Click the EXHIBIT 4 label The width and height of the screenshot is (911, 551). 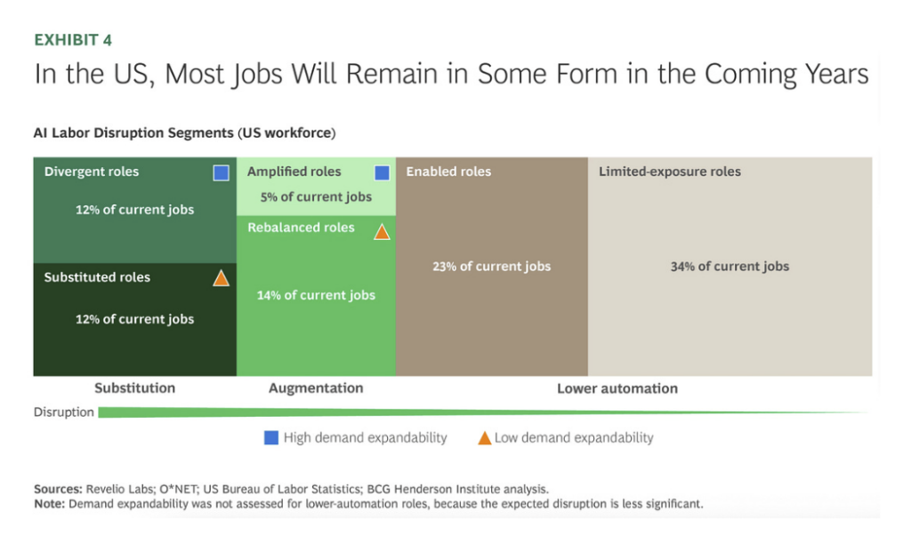point(73,40)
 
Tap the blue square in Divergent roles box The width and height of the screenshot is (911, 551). point(222,172)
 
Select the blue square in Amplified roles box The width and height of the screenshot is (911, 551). point(382,172)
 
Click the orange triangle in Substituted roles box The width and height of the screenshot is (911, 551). point(222,278)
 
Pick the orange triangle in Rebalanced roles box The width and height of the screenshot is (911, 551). point(382,232)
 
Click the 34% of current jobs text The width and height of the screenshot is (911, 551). point(730,266)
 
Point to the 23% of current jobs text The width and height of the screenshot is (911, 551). point(491,266)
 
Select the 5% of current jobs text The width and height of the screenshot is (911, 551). point(316,196)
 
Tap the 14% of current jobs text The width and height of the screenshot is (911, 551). point(316,295)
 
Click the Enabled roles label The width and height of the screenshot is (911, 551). point(448,172)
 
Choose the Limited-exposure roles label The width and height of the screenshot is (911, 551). point(669,172)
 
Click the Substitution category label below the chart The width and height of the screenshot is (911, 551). point(134,387)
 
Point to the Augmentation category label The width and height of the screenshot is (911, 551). point(316,387)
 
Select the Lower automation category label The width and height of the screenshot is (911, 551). point(617,388)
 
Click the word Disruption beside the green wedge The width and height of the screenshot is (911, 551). point(64,412)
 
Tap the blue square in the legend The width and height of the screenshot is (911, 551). point(271,437)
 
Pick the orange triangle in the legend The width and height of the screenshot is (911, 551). point(484,437)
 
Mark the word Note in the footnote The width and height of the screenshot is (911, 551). point(49,504)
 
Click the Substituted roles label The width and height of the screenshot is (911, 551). point(97,277)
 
